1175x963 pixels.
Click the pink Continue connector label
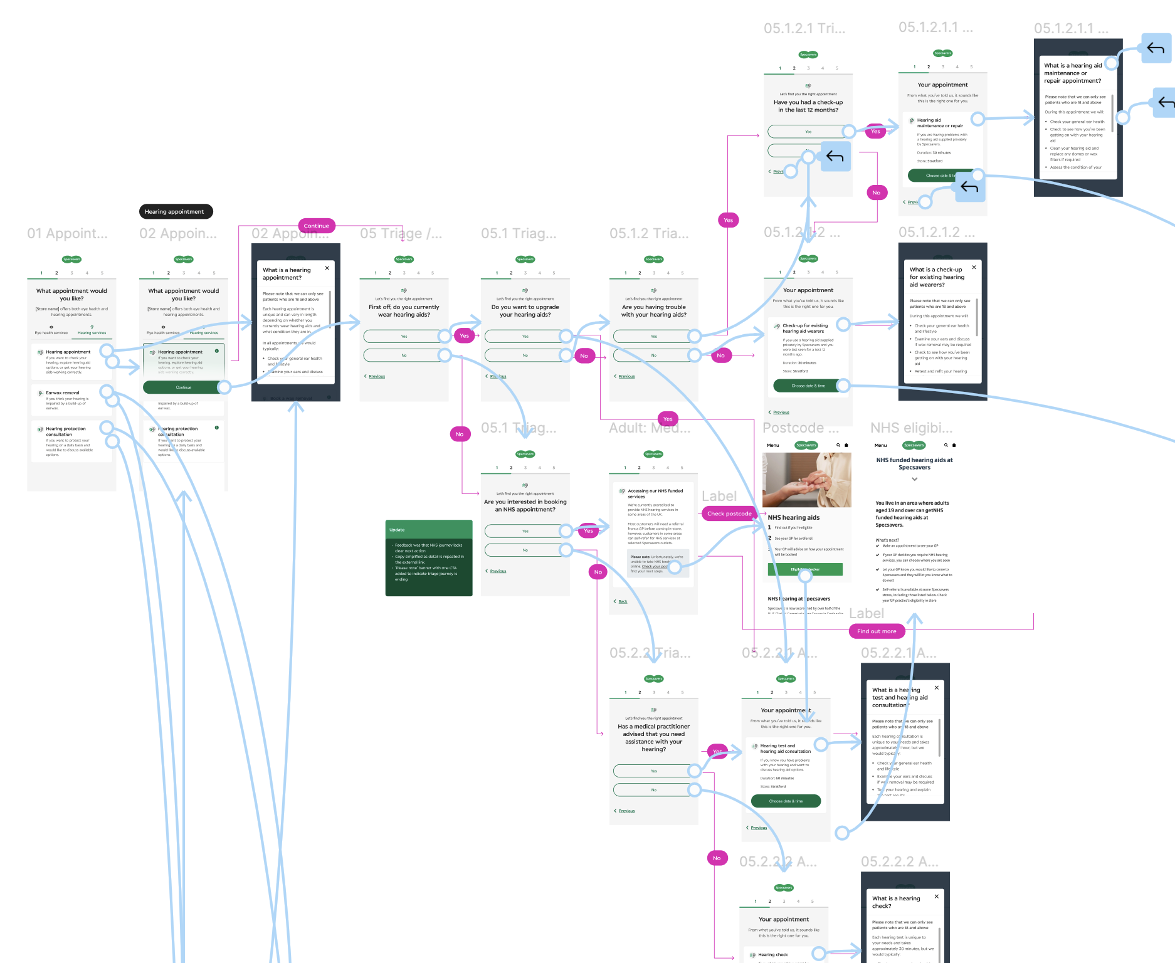click(x=316, y=226)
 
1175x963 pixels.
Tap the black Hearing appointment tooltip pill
click(x=175, y=212)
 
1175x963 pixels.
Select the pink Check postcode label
click(x=729, y=513)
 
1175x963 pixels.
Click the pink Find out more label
click(x=876, y=631)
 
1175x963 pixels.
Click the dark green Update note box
click(x=429, y=557)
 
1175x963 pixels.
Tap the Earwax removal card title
click(x=63, y=392)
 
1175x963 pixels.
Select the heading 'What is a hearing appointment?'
click(x=287, y=274)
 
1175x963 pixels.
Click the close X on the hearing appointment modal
click(x=327, y=268)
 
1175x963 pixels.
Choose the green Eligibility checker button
click(x=805, y=569)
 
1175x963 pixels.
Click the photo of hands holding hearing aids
click(x=806, y=480)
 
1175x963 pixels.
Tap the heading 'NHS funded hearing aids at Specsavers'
click(x=914, y=463)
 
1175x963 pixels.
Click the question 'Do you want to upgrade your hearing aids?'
click(x=525, y=311)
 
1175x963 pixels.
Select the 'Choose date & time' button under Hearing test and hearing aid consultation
click(x=786, y=801)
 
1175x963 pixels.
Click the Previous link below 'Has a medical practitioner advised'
click(x=626, y=811)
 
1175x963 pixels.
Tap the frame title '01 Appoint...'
click(x=67, y=234)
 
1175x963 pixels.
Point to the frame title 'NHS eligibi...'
click(x=911, y=428)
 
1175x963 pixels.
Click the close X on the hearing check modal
click(x=937, y=897)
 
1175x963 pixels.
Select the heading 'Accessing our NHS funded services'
click(x=655, y=493)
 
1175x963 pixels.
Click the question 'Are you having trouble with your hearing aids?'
click(x=653, y=311)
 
